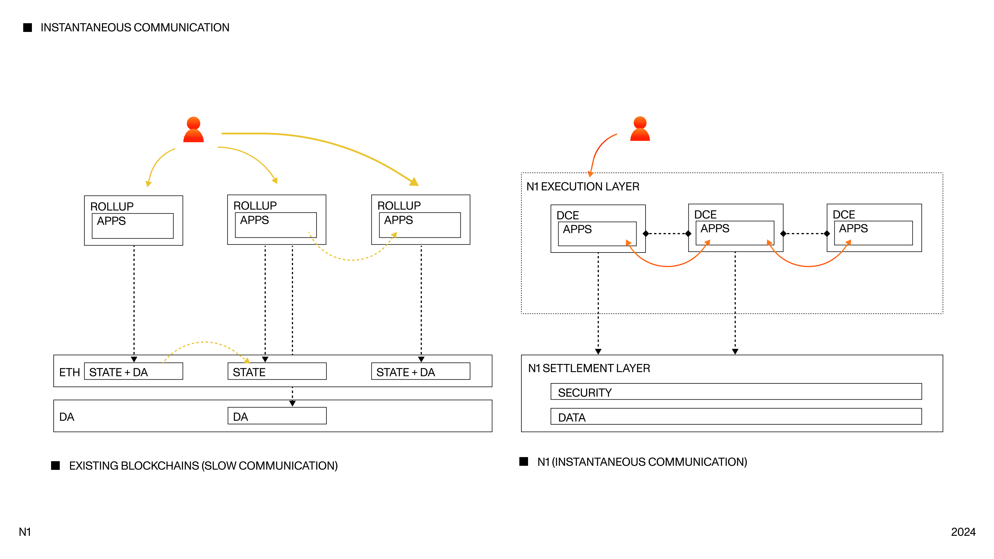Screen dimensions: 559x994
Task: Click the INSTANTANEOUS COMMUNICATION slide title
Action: click(x=135, y=27)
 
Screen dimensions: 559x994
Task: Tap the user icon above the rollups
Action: click(x=193, y=130)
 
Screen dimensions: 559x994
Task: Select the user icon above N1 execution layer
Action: click(x=640, y=129)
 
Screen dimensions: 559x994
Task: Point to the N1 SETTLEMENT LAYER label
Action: click(x=589, y=368)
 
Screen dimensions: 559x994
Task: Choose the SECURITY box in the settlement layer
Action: click(x=735, y=392)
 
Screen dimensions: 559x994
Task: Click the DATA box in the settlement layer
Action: click(x=735, y=416)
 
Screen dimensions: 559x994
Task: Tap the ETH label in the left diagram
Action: click(x=69, y=372)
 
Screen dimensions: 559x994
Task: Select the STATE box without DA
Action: click(x=277, y=372)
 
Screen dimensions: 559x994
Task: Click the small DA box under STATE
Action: click(x=277, y=416)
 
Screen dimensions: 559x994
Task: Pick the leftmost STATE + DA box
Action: click(x=133, y=372)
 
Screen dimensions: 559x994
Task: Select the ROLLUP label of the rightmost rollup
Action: click(x=399, y=205)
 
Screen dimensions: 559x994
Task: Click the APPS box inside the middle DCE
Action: click(x=734, y=233)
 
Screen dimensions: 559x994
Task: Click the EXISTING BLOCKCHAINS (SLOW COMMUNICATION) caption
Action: click(x=203, y=466)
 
